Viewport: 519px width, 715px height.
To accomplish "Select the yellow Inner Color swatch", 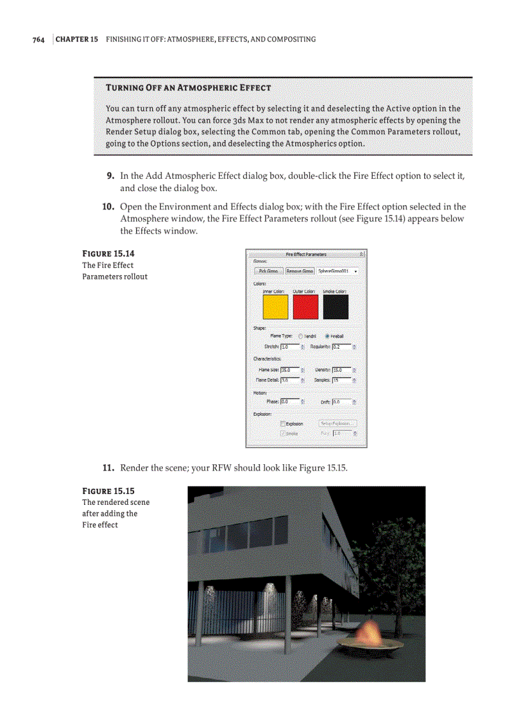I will point(275,307).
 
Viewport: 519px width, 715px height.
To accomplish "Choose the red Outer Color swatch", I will point(305,307).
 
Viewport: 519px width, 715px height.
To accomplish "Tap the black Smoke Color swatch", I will point(335,307).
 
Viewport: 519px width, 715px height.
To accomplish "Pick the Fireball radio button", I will point(328,336).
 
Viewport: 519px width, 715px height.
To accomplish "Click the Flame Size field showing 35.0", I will point(289,369).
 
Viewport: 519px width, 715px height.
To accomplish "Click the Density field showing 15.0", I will point(341,369).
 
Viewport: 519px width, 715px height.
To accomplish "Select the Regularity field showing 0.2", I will point(341,347).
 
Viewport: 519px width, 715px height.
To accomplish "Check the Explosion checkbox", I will point(282,423).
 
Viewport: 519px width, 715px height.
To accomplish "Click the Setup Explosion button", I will point(338,423).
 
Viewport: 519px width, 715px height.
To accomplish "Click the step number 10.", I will point(107,207).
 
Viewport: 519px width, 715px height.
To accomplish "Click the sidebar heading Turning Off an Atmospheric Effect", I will point(188,87).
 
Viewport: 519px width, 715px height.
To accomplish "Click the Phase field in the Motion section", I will point(289,402).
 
